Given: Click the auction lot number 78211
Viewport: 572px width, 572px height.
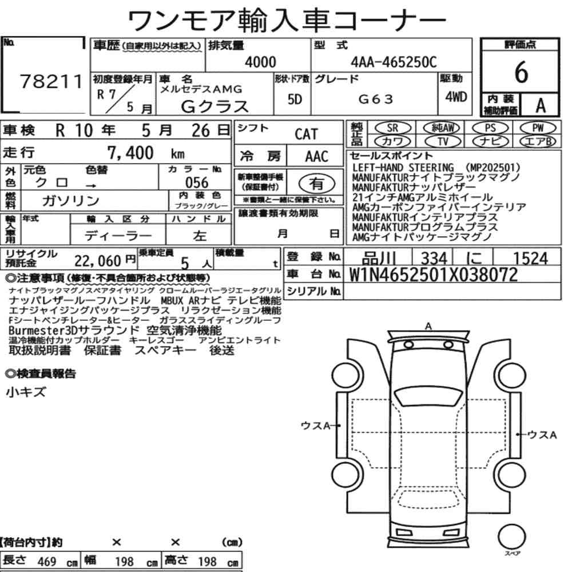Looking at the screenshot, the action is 51,81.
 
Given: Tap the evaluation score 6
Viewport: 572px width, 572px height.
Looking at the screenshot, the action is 521,72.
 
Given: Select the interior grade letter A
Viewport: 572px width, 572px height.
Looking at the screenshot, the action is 541,105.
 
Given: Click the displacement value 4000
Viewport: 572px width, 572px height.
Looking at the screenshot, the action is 260,62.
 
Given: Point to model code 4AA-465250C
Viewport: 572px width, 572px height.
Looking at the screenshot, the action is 394,62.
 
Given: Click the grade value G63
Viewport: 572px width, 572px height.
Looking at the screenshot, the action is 376,99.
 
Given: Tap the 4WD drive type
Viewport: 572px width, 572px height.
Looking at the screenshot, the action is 456,97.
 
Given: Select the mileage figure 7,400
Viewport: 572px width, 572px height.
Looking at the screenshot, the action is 130,153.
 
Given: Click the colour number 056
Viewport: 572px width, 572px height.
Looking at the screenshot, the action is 197,182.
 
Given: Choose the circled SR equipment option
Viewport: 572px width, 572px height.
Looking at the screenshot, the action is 392,128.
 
